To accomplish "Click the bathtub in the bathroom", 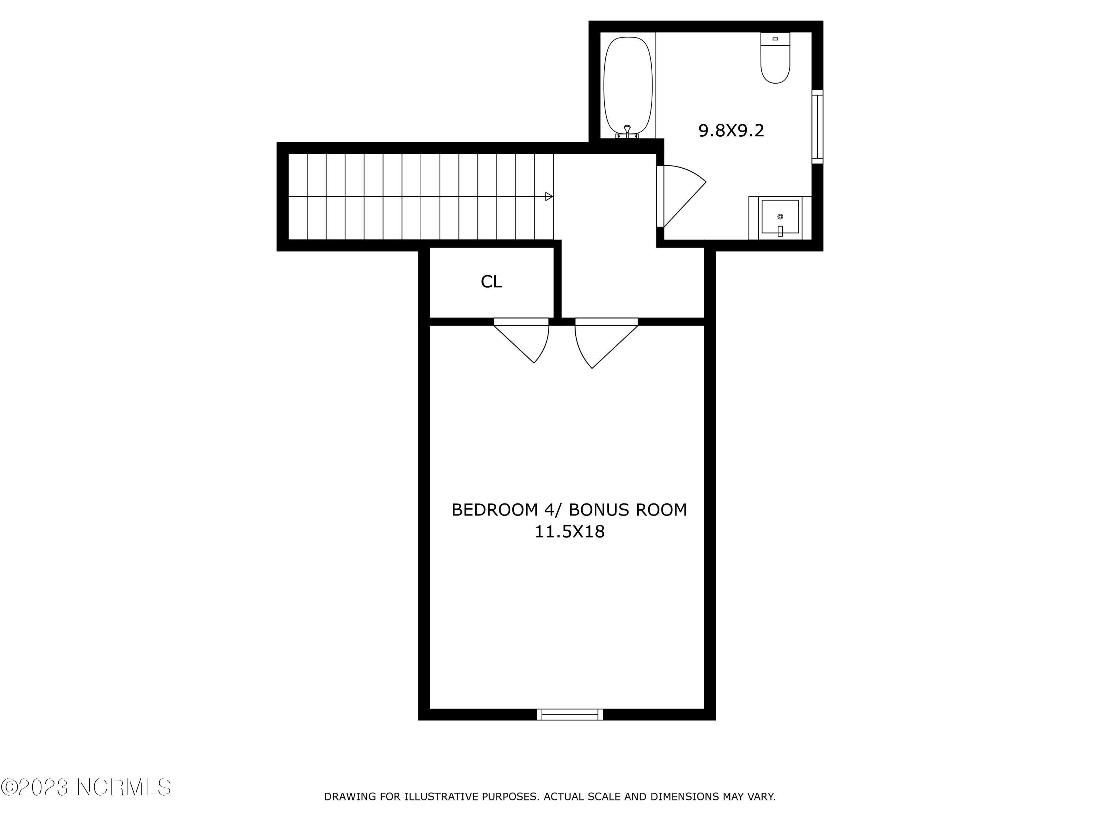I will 628,85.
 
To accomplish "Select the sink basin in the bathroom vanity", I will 780,217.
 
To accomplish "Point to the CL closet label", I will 491,282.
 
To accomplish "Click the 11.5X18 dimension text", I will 569,532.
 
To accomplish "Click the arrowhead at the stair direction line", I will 549,197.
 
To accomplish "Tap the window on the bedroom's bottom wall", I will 570,715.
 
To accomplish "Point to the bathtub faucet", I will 627,131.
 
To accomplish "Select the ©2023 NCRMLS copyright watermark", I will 85,787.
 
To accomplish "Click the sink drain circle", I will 780,217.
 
